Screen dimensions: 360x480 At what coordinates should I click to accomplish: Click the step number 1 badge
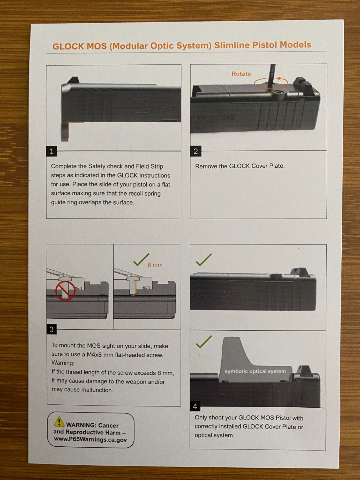click(x=52, y=151)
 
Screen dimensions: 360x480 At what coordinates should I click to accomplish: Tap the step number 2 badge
click(x=196, y=151)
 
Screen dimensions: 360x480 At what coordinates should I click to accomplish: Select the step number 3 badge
click(x=52, y=329)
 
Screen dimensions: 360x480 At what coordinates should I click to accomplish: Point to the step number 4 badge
click(x=195, y=406)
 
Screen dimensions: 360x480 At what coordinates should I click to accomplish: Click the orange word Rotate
click(x=241, y=74)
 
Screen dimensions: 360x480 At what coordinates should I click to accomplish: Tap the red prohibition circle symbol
click(x=65, y=291)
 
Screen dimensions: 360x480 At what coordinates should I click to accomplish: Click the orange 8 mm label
click(x=155, y=265)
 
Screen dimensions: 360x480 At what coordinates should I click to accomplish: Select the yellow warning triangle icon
click(x=59, y=422)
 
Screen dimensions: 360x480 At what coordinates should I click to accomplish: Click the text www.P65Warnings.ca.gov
click(x=90, y=439)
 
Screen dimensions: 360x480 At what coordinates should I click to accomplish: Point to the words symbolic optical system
click(x=255, y=371)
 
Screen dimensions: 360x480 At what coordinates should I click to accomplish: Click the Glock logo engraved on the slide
click(x=142, y=105)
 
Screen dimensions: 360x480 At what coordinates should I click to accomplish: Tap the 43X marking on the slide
click(x=170, y=106)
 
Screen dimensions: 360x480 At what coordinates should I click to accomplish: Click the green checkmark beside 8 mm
click(x=141, y=260)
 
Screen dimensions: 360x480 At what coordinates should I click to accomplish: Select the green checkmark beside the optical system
click(x=204, y=342)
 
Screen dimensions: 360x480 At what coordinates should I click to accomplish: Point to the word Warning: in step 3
click(x=63, y=363)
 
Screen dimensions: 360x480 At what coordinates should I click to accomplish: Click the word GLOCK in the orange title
click(x=68, y=46)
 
